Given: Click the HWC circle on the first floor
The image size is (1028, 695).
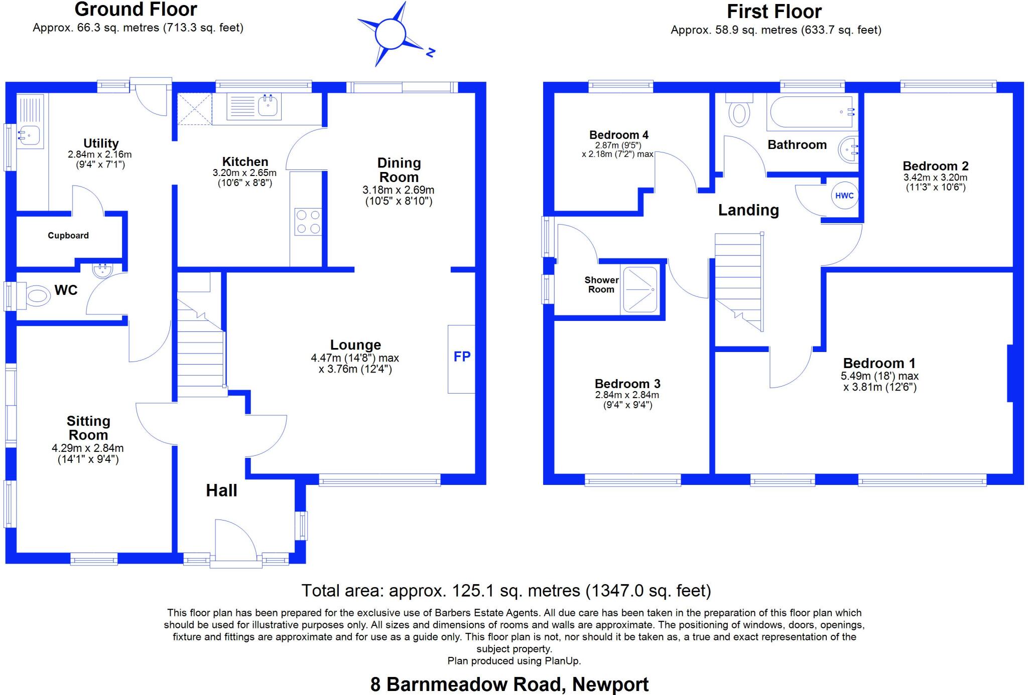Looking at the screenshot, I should point(844,196).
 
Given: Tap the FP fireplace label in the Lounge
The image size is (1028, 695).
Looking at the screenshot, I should point(462,357).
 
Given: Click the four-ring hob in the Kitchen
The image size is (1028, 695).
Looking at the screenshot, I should point(308,222).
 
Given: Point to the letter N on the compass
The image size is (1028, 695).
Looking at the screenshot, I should point(430,52).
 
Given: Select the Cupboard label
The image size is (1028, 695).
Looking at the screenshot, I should point(68,236).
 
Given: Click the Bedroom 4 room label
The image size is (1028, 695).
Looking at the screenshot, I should point(618,135).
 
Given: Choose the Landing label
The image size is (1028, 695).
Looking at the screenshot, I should point(748,210).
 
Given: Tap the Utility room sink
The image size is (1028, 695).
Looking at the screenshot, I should point(29,134).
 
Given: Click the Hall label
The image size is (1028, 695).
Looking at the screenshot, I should point(221,490).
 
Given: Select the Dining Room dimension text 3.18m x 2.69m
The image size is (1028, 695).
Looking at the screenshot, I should point(398,191).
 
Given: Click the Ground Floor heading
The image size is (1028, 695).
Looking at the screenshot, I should point(136,10).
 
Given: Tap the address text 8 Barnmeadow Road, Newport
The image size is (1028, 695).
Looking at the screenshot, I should point(509,684).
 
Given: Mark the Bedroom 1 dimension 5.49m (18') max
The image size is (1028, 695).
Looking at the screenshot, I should point(879,376).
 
